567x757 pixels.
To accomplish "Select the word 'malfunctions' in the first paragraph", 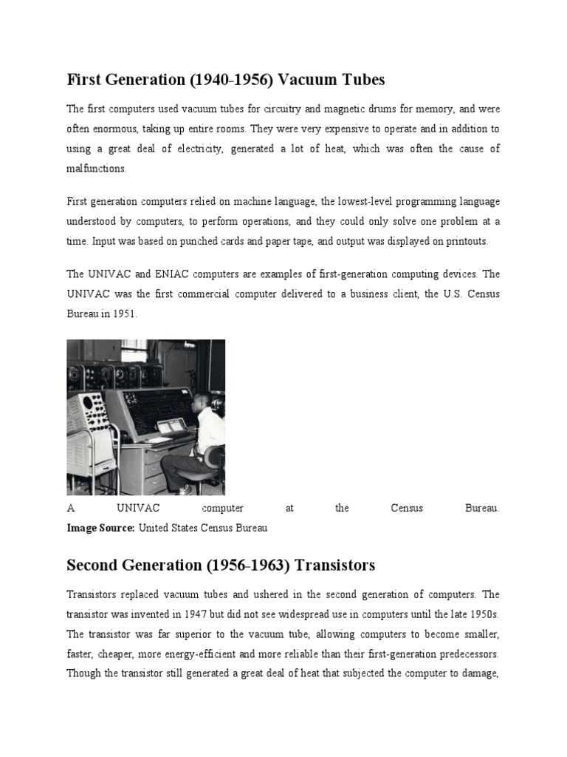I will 96,169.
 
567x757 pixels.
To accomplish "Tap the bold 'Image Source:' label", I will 100,528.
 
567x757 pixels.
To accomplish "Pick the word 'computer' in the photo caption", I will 222,508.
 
